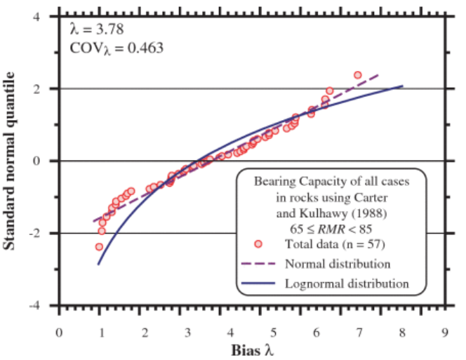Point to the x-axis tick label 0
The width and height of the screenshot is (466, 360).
point(60,331)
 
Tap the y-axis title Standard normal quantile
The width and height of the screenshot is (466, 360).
point(12,161)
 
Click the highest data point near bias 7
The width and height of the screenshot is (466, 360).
point(357,74)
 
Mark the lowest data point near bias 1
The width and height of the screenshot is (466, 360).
point(99,247)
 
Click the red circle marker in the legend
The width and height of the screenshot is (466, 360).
point(258,244)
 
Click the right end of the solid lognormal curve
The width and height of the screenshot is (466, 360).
point(403,86)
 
